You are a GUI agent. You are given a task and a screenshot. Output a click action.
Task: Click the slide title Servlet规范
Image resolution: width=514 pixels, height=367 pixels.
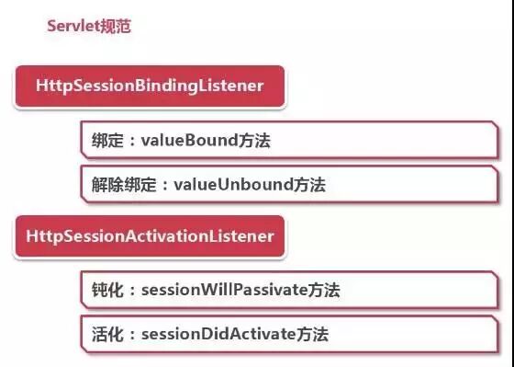89,26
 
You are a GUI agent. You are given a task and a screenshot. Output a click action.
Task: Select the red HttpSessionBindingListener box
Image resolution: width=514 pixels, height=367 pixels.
150,86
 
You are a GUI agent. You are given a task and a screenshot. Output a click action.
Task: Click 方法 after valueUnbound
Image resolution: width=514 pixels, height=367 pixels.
311,184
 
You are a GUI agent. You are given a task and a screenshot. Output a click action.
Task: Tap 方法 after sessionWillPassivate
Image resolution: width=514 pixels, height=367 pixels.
325,291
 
